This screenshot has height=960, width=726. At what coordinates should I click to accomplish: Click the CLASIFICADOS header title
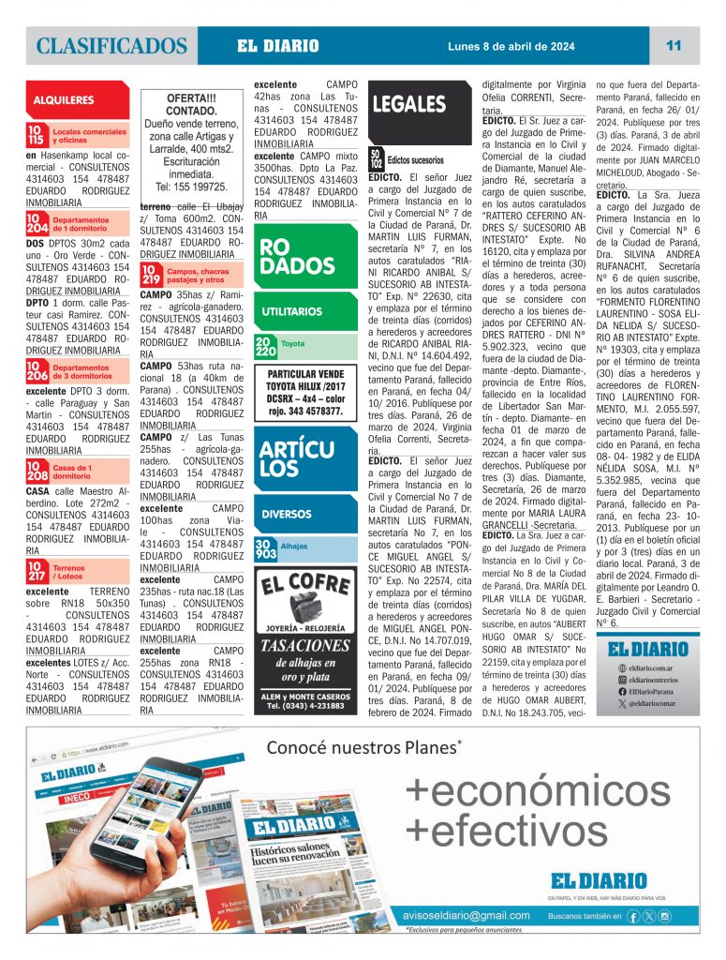[112, 45]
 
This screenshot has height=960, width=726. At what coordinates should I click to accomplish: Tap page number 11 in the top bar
[674, 45]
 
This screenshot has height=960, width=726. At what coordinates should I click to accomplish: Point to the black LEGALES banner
[409, 105]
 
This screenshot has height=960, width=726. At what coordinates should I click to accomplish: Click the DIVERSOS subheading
[286, 514]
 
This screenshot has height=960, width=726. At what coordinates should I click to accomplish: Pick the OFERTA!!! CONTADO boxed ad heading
[191, 103]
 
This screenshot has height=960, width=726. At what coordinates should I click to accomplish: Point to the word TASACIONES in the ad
[305, 645]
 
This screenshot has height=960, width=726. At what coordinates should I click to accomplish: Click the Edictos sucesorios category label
[416, 159]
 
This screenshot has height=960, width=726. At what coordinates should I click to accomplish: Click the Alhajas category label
[293, 546]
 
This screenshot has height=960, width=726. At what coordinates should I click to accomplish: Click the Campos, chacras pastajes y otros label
[196, 275]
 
